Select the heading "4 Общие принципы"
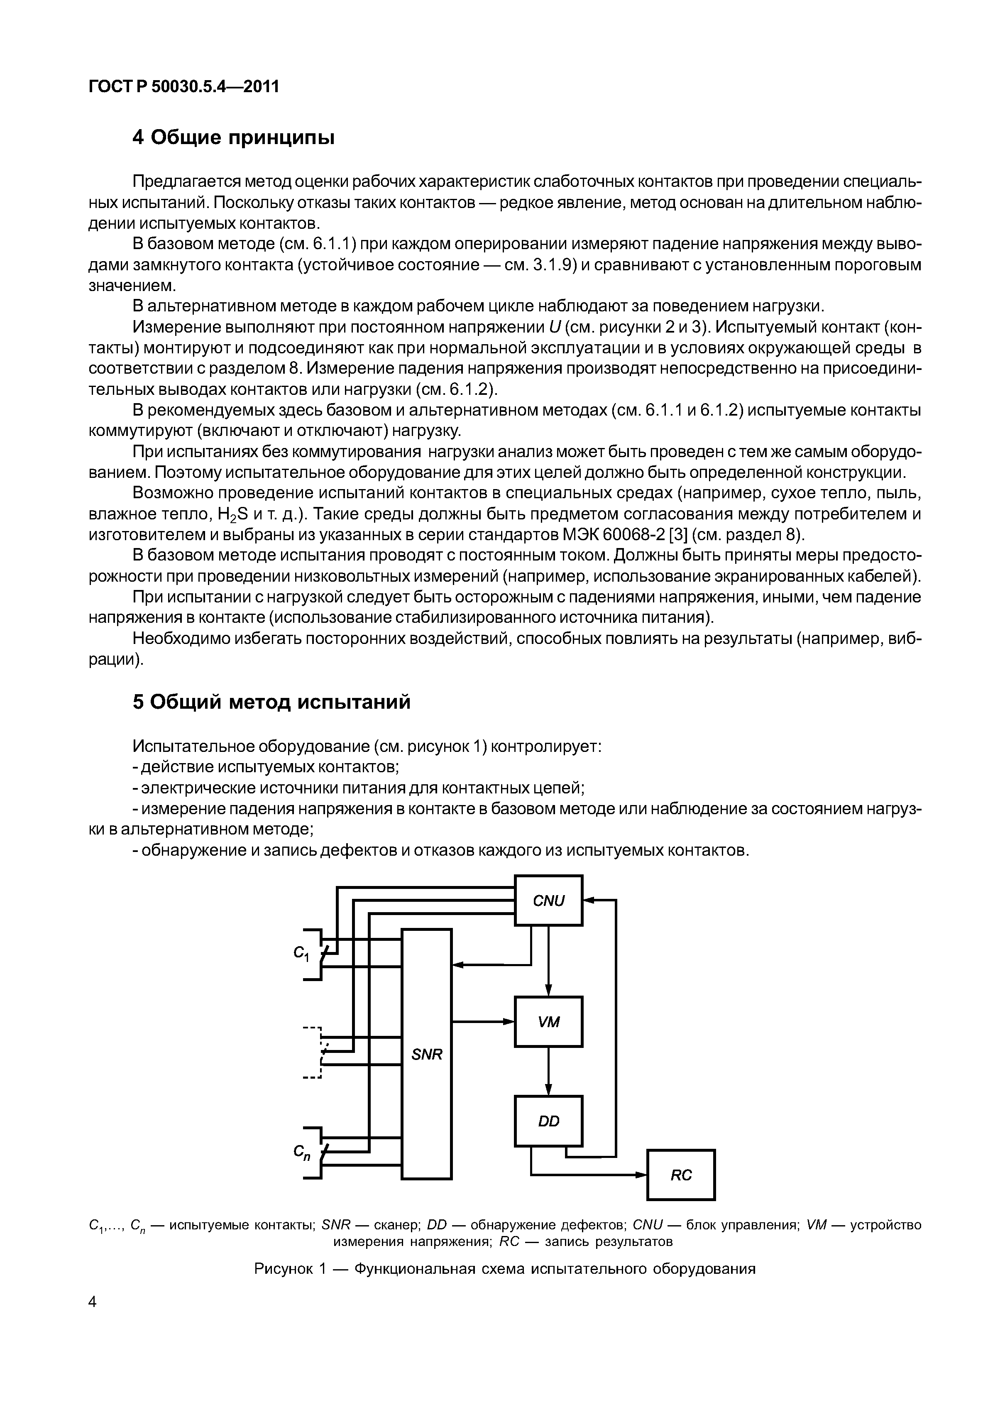[233, 137]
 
